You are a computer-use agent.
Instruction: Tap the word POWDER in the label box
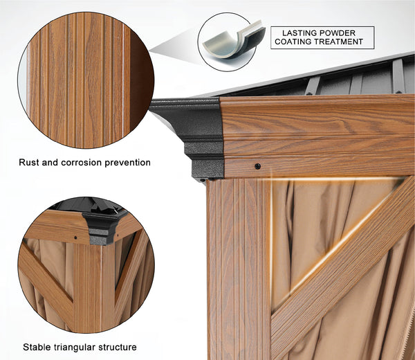(337, 33)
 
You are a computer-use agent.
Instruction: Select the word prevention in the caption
(127, 163)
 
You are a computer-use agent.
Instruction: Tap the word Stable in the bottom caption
(37, 347)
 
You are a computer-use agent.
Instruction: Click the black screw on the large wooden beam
(257, 166)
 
